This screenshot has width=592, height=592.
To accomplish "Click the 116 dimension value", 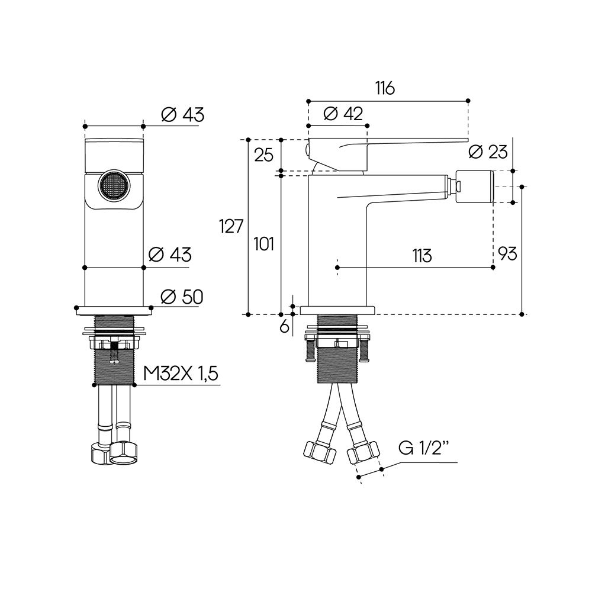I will [384, 89].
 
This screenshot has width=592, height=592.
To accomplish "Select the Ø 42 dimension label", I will [344, 114].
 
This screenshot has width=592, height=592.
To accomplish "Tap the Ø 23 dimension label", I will [488, 152].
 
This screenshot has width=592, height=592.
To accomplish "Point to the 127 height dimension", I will [231, 226].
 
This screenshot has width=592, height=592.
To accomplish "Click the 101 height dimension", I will [263, 243].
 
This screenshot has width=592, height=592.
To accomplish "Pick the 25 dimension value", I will [263, 155].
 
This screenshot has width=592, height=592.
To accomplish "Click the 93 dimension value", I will [507, 254].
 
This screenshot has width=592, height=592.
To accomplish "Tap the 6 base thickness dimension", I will [284, 326].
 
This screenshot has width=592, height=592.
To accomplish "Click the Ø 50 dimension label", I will [182, 297].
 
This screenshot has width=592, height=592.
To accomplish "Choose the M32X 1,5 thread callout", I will [181, 374].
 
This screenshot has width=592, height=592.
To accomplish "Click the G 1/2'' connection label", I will [424, 448].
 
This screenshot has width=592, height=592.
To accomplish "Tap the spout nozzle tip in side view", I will [474, 186].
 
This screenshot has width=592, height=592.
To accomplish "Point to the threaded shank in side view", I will [338, 355].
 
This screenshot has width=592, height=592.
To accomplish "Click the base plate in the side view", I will [338, 310].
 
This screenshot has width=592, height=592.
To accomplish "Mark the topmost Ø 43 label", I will [182, 115].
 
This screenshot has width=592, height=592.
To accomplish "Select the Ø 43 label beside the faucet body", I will [170, 255].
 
